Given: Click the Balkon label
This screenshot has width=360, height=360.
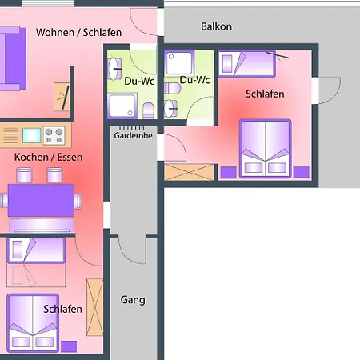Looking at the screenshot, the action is [x=216, y=26].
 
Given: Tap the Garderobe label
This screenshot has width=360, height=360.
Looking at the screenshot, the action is [x=133, y=135].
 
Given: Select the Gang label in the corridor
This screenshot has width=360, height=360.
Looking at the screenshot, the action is [x=133, y=300].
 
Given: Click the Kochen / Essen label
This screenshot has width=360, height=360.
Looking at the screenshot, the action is [x=48, y=157].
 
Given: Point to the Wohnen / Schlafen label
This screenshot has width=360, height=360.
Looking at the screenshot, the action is [x=78, y=33].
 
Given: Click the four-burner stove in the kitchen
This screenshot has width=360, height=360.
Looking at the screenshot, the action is [x=54, y=135].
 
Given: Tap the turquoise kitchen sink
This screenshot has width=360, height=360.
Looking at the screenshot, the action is [x=31, y=135].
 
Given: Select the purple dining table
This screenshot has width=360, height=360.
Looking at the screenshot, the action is [x=41, y=200].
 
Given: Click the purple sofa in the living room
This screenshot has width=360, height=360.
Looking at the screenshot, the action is [x=13, y=58].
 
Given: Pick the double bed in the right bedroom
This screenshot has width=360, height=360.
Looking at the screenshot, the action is [x=266, y=149].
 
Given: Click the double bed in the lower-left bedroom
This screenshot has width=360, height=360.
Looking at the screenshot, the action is [x=33, y=322].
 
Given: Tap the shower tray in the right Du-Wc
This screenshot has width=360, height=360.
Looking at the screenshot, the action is [x=179, y=63].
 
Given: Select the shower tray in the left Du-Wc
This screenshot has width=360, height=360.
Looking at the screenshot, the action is [x=122, y=106].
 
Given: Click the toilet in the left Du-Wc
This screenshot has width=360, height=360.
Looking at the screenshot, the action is [x=148, y=110].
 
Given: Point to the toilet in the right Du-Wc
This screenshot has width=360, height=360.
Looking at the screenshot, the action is [x=172, y=88].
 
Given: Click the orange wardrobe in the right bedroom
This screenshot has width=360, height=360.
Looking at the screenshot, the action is [x=189, y=172].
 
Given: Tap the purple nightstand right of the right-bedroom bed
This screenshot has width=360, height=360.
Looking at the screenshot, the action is [x=302, y=172].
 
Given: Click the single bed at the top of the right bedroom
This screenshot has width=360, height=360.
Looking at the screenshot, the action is [x=246, y=64].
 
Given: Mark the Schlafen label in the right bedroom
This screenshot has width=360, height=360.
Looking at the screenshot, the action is [x=265, y=94].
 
